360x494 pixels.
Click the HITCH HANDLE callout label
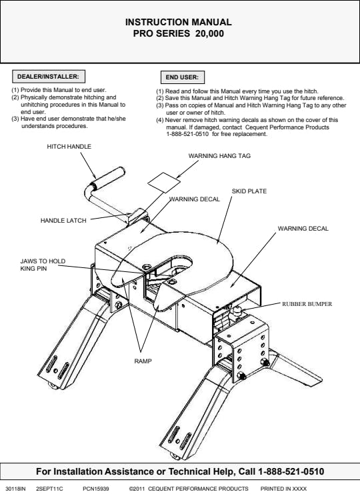tap(69, 147)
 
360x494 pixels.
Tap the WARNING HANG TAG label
tap(219, 155)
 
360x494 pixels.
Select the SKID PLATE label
tap(249, 191)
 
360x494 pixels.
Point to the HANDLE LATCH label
tap(63, 221)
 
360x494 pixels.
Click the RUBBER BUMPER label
tap(307, 304)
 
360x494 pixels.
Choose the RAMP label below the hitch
tap(143, 361)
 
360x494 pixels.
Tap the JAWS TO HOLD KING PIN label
tap(43, 265)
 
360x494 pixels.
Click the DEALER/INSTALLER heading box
tap(49, 77)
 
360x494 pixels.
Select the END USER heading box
tap(183, 77)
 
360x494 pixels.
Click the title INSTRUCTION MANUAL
tap(179, 22)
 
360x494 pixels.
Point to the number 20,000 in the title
tap(209, 33)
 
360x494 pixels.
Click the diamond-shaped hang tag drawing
tap(164, 183)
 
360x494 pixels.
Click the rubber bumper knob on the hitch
tap(237, 311)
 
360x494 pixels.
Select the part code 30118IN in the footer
tap(15, 489)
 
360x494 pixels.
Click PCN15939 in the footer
tap(96, 489)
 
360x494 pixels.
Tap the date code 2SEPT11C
tap(49, 489)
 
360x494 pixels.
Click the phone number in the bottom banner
tap(291, 471)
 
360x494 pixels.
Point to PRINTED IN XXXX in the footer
tap(283, 489)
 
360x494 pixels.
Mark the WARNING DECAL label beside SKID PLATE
tap(194, 199)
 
